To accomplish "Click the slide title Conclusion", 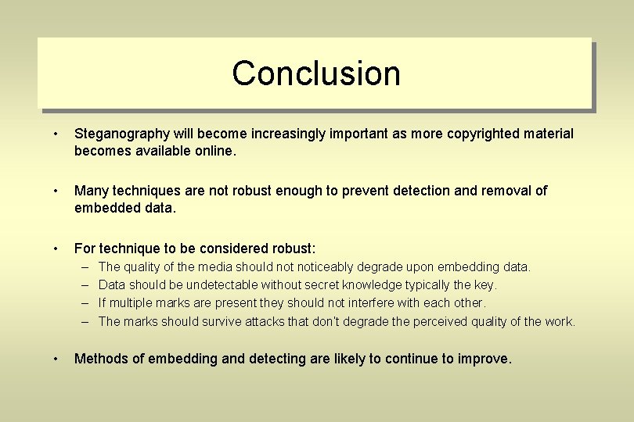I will pyautogui.click(x=316, y=73).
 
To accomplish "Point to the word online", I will pyautogui.click(x=214, y=151).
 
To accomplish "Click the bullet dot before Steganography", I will pyautogui.click(x=56, y=134).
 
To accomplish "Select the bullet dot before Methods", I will pyautogui.click(x=56, y=359).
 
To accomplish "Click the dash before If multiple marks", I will pyautogui.click(x=85, y=303).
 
